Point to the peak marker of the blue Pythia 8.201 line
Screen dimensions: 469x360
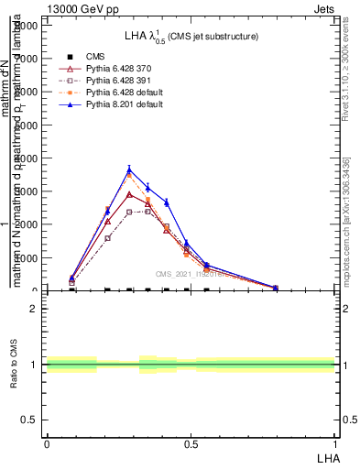coord(129,169)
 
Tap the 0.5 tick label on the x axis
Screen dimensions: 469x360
coord(190,443)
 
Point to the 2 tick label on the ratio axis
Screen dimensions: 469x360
coord(35,309)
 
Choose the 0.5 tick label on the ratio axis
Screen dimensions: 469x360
coord(30,420)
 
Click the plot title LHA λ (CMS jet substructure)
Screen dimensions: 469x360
coord(191,37)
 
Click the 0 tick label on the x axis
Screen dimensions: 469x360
coord(46,443)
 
